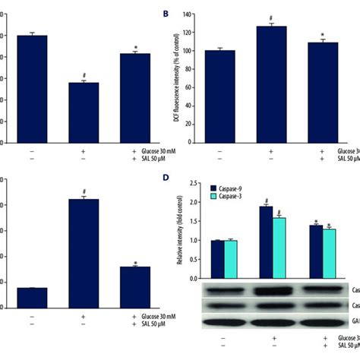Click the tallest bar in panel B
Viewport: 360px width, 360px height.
(x=271, y=84)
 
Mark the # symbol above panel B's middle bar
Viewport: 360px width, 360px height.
(x=271, y=18)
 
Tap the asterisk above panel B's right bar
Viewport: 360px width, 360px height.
(x=324, y=35)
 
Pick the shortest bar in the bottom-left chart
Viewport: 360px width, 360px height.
(x=32, y=298)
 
